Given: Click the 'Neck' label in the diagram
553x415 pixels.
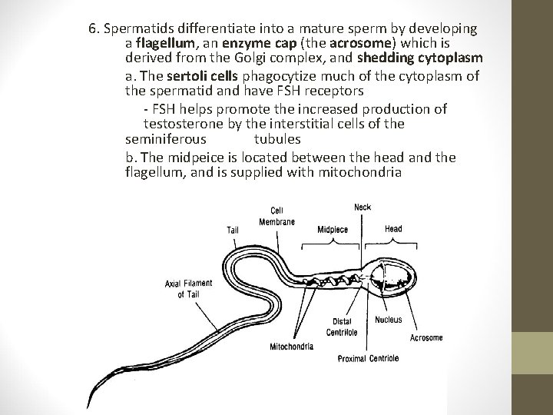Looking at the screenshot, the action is [x=363, y=207].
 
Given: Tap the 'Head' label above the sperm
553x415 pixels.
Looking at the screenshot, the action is [x=392, y=228].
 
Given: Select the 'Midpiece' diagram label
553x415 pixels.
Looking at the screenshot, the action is [x=333, y=229].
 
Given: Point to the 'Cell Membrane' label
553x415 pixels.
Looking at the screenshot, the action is [x=276, y=216].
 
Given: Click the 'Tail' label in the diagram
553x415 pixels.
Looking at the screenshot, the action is [x=233, y=229].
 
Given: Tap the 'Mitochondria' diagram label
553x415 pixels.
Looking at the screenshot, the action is [x=291, y=347].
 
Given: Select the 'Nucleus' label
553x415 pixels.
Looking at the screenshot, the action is [x=388, y=320].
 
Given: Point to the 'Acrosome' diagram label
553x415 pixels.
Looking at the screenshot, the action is [x=426, y=337].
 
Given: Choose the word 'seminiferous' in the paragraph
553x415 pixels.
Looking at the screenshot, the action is [x=165, y=140].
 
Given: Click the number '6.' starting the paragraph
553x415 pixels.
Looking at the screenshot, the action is [x=95, y=29].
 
